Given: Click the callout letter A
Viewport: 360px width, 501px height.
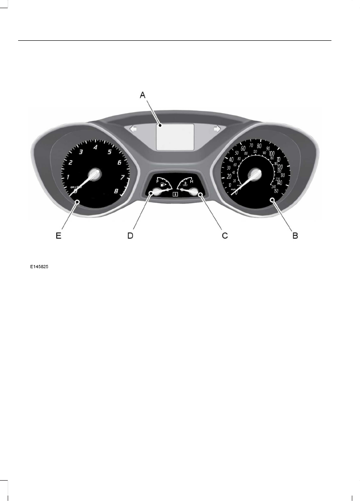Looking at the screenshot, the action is tap(142, 95).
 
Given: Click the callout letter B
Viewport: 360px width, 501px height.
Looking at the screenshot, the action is tap(295, 236).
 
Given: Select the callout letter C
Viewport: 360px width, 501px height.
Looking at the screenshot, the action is tap(224, 236).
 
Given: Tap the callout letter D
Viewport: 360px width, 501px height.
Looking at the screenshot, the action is tap(130, 236).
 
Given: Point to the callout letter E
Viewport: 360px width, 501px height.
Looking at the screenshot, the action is tap(58, 236).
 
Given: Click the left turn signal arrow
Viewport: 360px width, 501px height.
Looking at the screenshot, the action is tap(134, 129).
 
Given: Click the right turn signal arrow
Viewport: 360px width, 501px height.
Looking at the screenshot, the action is tap(217, 129).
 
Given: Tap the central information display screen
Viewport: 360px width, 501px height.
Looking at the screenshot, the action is tap(175, 136).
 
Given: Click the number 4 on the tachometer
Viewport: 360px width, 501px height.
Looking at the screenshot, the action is tap(95, 147).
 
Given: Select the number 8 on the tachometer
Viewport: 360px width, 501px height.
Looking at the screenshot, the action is tap(116, 191).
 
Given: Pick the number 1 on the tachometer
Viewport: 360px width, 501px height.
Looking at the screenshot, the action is tap(68, 177).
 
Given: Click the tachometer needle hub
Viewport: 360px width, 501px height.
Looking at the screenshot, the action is tap(95, 175).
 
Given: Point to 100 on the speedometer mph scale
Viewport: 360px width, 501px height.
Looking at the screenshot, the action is tap(272, 154).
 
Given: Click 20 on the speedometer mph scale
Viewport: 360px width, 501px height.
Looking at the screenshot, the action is tap(229, 177).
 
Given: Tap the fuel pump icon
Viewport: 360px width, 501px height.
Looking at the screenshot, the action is tap(163, 185).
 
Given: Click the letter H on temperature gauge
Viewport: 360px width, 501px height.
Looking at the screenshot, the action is tap(191, 182).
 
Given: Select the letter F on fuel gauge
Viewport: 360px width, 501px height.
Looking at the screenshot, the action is tap(158, 182).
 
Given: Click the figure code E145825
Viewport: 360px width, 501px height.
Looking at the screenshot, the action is tap(39, 267).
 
